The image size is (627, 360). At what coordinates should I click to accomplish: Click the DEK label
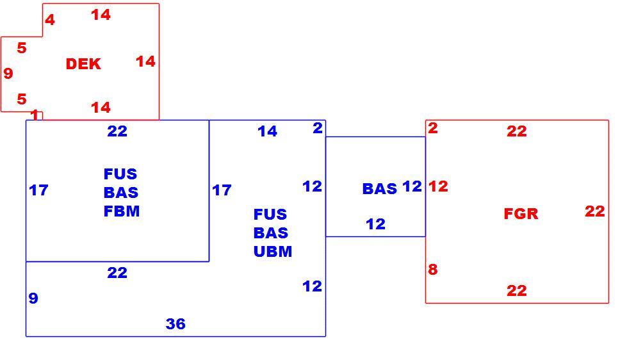point(83,64)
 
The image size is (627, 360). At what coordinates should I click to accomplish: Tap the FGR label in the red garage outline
point(521,213)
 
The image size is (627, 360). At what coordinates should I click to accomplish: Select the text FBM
point(122,211)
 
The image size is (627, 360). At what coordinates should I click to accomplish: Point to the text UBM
point(273,251)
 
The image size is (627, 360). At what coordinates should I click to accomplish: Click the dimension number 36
point(175,323)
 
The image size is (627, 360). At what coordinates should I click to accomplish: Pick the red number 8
point(433,269)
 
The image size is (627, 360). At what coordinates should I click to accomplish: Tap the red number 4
point(49,20)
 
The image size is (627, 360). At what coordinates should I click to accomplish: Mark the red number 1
point(35,115)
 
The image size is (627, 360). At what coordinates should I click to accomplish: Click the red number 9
point(8,73)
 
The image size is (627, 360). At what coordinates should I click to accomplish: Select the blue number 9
point(33,298)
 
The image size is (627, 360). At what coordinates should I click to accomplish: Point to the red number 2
point(433,128)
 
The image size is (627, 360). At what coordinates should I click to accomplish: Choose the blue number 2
point(318,128)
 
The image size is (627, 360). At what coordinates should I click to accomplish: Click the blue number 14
point(267,131)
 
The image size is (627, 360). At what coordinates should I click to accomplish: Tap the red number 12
point(438,186)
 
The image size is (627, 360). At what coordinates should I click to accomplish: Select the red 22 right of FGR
point(594,211)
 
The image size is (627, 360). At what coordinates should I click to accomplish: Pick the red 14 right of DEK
point(145,61)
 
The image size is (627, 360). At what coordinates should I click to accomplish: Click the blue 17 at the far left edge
point(39,190)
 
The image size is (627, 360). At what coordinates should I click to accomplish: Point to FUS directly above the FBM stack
point(120,174)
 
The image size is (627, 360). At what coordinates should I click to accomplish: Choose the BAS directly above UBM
point(271,233)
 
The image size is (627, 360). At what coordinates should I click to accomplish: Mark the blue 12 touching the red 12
point(412,186)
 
